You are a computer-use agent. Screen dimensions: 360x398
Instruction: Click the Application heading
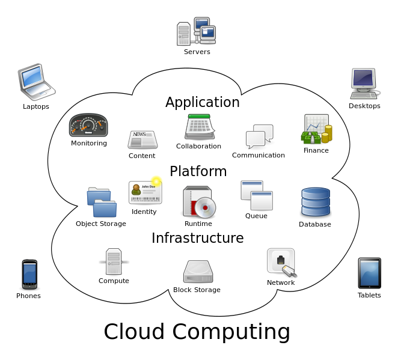(x=203, y=102)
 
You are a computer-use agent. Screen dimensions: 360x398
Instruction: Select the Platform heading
(x=198, y=171)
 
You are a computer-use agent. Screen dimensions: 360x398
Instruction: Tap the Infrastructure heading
(x=198, y=238)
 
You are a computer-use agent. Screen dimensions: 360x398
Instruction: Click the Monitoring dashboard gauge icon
(x=88, y=126)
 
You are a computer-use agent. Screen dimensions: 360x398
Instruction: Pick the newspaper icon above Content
(x=142, y=139)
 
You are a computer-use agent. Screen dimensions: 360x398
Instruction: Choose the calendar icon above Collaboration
(x=199, y=127)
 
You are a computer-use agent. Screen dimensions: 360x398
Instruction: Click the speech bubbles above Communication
(x=260, y=136)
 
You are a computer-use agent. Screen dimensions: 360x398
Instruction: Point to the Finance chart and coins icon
(x=316, y=129)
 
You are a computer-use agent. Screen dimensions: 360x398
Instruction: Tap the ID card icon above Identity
(x=145, y=192)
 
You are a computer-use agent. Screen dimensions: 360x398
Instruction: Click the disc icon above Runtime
(x=199, y=202)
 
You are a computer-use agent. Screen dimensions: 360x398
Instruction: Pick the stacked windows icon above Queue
(x=257, y=195)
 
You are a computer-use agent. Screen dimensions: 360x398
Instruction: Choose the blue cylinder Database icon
(x=316, y=203)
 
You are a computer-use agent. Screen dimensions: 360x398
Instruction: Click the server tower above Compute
(x=114, y=261)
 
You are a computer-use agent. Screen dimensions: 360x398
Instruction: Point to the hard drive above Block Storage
(x=198, y=272)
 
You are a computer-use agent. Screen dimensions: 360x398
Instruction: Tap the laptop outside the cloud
(x=35, y=81)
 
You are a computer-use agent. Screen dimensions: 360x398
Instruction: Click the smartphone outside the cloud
(x=29, y=274)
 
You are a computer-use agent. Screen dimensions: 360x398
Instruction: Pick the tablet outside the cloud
(x=369, y=273)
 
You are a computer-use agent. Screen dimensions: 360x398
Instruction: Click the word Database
(x=315, y=224)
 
